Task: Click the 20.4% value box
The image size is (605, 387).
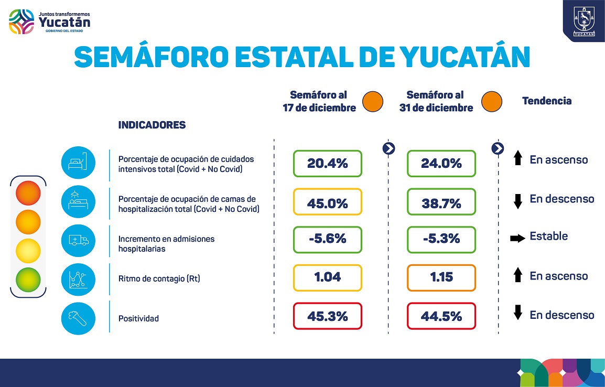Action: [x=328, y=164]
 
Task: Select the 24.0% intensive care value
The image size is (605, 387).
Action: [x=441, y=164]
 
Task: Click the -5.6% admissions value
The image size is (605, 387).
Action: [x=328, y=239]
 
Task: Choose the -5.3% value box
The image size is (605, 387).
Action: [x=441, y=239]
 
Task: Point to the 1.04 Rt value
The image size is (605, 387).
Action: [x=328, y=277]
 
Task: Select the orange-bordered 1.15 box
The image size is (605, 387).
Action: [x=441, y=277]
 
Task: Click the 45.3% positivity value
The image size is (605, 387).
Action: [x=328, y=316]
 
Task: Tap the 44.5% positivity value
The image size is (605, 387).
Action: [x=441, y=316]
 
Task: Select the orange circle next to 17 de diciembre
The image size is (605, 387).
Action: [x=374, y=101]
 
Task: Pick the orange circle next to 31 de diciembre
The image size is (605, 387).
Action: [x=492, y=101]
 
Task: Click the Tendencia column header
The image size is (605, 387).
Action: [x=547, y=101]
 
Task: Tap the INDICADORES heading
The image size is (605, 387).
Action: [x=152, y=125]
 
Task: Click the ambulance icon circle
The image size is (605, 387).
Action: [x=78, y=240]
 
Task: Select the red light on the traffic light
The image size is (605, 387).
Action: [x=28, y=192]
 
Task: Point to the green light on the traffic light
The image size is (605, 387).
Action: [x=28, y=278]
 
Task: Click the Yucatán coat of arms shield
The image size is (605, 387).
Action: [x=583, y=20]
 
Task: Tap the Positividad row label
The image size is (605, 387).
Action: [x=138, y=318]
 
